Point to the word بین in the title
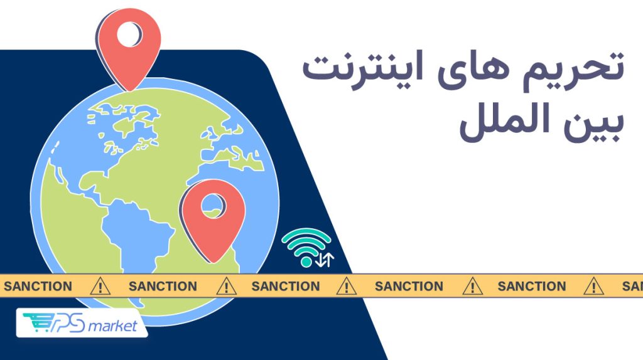tap(593, 122)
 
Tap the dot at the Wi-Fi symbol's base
tap(306, 260)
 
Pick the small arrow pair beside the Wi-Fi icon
tap(325, 259)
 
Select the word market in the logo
tap(112, 326)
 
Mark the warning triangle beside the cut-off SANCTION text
tap(592, 287)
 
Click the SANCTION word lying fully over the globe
tap(163, 287)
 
